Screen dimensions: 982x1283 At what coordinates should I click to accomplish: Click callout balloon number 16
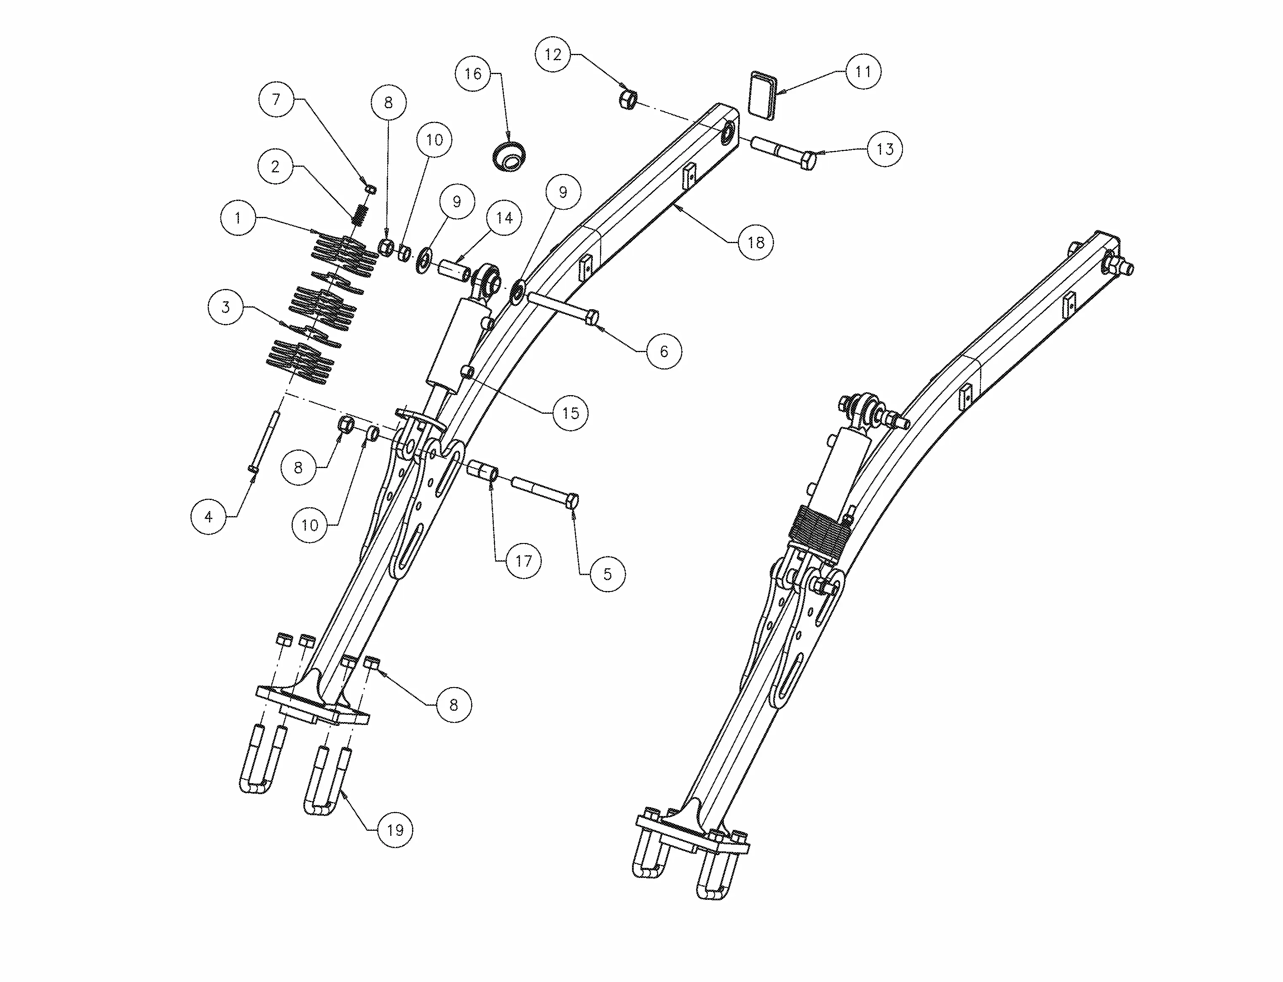[x=473, y=74]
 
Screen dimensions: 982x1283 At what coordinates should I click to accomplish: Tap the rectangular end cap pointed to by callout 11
[x=763, y=96]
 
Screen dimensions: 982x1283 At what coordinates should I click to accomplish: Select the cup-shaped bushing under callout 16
[x=508, y=155]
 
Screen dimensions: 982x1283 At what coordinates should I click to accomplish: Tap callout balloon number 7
[x=276, y=99]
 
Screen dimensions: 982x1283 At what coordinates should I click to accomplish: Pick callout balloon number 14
[x=504, y=218]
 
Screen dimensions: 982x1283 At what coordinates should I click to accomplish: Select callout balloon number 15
[x=570, y=413]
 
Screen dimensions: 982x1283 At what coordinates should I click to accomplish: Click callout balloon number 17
[x=523, y=561]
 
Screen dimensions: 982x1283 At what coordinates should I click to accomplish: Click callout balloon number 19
[x=395, y=829]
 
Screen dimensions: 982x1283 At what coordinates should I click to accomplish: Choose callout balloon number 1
[x=238, y=218]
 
